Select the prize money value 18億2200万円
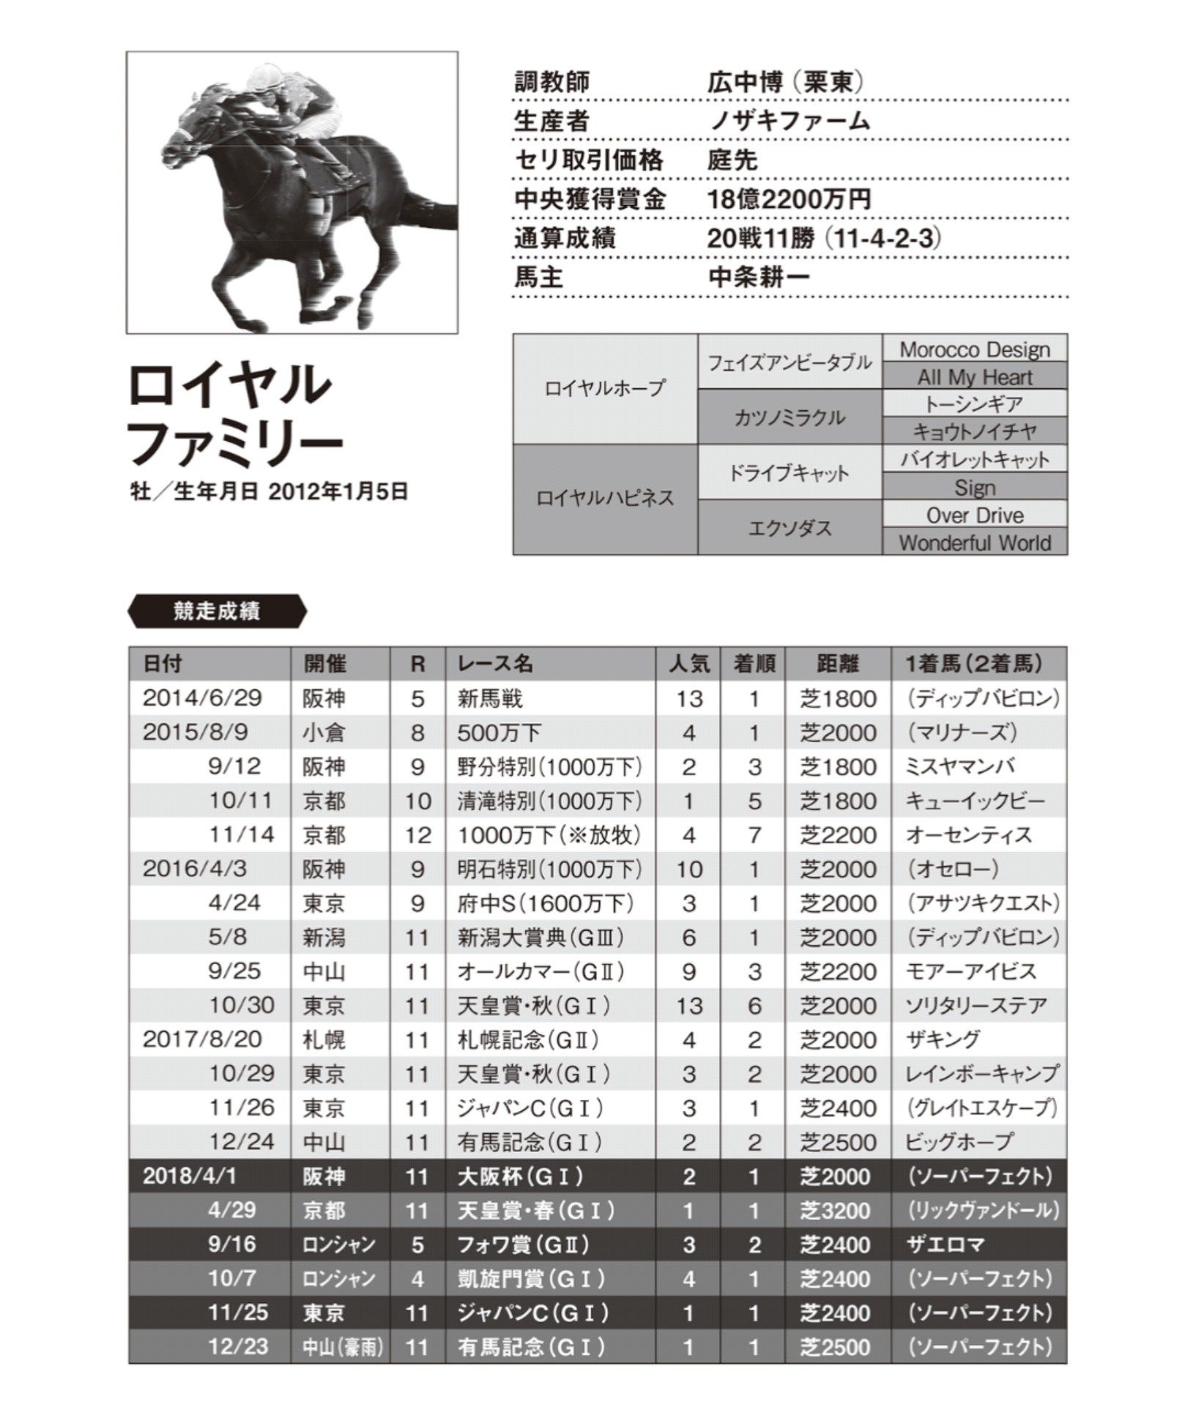[789, 199]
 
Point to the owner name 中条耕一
[759, 278]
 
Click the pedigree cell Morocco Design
[974, 349]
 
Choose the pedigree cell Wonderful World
[974, 543]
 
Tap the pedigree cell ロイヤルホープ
[605, 388]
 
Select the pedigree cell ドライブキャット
[789, 473]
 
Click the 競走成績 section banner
[217, 611]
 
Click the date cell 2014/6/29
[202, 697]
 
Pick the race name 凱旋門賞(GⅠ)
[532, 1279]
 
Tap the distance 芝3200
[836, 1211]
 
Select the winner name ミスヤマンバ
[959, 767]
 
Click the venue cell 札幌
[324, 1040]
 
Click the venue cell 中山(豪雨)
[341, 1347]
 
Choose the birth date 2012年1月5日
[338, 491]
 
